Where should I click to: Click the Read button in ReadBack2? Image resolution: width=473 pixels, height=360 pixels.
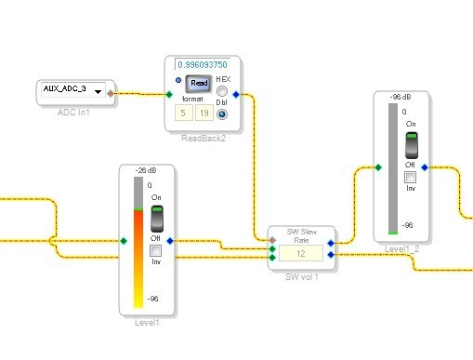tap(199, 83)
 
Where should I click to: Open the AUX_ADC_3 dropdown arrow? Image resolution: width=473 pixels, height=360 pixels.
tap(98, 91)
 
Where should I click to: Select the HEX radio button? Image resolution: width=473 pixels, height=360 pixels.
tap(222, 91)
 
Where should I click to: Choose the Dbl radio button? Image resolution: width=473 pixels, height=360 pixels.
tap(222, 114)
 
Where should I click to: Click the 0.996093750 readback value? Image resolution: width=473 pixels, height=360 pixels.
tap(203, 64)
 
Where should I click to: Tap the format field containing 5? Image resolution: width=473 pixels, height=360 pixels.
tap(184, 113)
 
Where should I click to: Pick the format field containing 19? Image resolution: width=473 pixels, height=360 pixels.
tap(204, 113)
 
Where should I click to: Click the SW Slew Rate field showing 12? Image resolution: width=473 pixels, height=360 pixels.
tap(301, 253)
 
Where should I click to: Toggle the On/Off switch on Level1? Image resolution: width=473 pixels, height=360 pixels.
tap(157, 219)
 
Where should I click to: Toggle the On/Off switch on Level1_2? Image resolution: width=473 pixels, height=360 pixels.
tap(412, 145)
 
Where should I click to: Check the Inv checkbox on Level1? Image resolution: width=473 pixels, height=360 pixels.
tap(155, 250)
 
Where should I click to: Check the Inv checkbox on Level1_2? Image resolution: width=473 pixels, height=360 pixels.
tap(411, 177)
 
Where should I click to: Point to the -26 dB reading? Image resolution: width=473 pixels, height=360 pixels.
tap(146, 170)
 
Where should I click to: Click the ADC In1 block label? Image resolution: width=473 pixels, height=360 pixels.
tap(73, 113)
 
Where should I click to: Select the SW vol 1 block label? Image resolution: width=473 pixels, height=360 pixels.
tap(301, 277)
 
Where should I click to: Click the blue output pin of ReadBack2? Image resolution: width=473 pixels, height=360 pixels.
tap(236, 94)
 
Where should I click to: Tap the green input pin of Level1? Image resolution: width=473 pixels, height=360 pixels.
tap(124, 241)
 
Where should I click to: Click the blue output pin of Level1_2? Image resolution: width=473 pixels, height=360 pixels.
tap(425, 167)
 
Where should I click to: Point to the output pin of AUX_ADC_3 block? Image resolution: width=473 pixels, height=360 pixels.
tap(111, 93)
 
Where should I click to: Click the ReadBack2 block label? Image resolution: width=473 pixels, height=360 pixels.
tap(204, 139)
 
